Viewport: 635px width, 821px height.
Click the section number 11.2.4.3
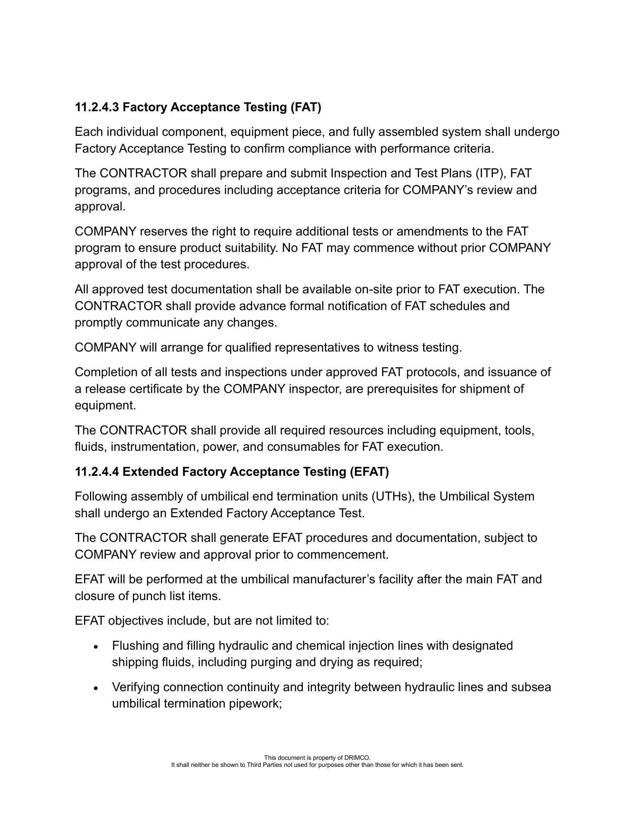[x=97, y=107]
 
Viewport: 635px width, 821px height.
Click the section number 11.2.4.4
[x=97, y=472]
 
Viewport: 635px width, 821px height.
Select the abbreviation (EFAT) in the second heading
[x=369, y=472]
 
